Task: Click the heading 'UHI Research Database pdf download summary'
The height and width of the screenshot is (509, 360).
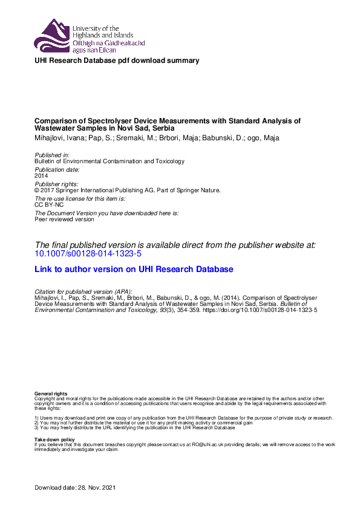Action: click(x=117, y=60)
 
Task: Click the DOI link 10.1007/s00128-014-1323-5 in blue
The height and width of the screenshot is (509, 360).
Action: click(x=88, y=253)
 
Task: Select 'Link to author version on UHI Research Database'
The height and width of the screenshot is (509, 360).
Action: click(x=134, y=269)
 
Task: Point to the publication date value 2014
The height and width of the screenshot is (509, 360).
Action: click(x=42, y=176)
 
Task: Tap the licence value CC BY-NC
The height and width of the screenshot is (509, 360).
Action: click(x=45, y=205)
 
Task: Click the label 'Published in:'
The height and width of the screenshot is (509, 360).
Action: click(x=53, y=155)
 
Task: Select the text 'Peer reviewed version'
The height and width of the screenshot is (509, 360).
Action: click(x=64, y=219)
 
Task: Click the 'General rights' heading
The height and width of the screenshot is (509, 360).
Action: click(x=51, y=394)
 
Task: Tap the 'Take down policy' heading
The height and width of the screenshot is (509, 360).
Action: click(x=54, y=439)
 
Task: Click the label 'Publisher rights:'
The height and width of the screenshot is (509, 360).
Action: click(x=56, y=184)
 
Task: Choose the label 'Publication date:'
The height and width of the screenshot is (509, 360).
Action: click(x=56, y=170)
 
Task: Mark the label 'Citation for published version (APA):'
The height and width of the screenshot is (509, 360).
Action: click(x=83, y=292)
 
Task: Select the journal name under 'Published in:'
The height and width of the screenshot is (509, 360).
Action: click(x=110, y=161)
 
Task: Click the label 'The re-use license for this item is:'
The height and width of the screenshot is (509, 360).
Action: click(x=80, y=199)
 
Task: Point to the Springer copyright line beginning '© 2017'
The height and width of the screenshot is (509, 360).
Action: click(x=128, y=190)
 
